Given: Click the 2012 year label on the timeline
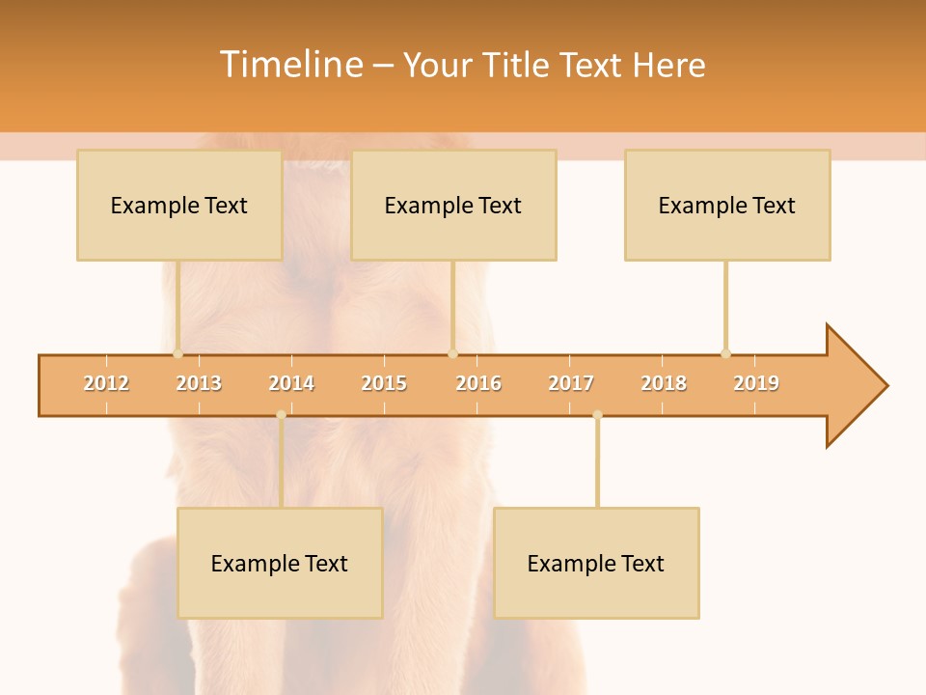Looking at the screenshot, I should click(106, 383).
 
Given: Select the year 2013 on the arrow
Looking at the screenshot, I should click(199, 383).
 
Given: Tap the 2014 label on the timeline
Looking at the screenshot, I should click(291, 383).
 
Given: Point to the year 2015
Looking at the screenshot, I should click(384, 383).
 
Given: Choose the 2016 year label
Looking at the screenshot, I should click(478, 383).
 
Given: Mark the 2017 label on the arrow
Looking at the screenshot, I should click(571, 383).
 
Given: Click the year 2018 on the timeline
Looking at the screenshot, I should click(664, 383).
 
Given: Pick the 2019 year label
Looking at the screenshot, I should click(756, 383).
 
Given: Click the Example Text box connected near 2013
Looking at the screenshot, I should click(179, 205).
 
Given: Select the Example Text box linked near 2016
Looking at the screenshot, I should click(453, 205).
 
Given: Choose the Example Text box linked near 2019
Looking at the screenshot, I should click(727, 205).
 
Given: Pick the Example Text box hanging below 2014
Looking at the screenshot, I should click(280, 563).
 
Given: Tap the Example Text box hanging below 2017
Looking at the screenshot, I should click(596, 563).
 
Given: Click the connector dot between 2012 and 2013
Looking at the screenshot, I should click(177, 353).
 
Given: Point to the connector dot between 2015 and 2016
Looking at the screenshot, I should click(452, 353).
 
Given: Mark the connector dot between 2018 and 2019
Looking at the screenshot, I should click(725, 353).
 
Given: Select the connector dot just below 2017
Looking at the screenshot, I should click(597, 415).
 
